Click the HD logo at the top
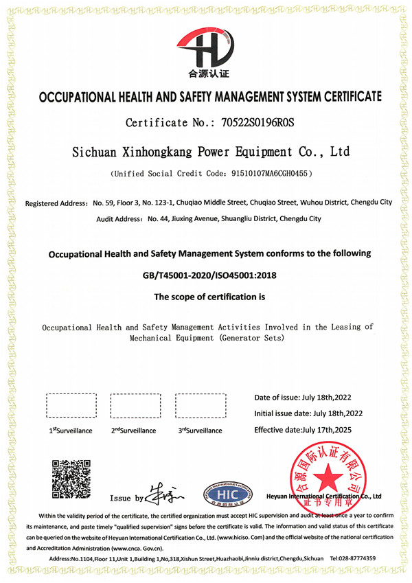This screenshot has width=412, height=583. tap(207, 47)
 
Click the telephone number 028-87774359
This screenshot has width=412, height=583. tap(357, 558)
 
